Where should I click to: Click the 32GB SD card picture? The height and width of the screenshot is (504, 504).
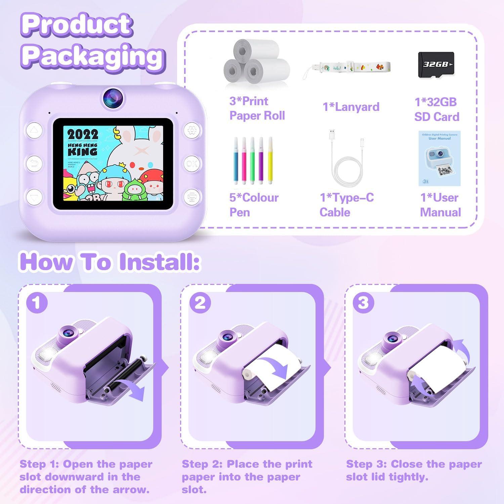tap(436, 65)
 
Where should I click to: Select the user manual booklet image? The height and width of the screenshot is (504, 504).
tap(439, 159)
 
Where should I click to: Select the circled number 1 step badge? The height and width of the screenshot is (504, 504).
tap(37, 303)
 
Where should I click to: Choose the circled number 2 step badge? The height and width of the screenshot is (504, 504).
tap(200, 303)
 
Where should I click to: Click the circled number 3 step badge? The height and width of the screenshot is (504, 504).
tap(363, 303)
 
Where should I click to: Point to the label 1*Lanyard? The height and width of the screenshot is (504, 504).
tap(351, 107)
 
